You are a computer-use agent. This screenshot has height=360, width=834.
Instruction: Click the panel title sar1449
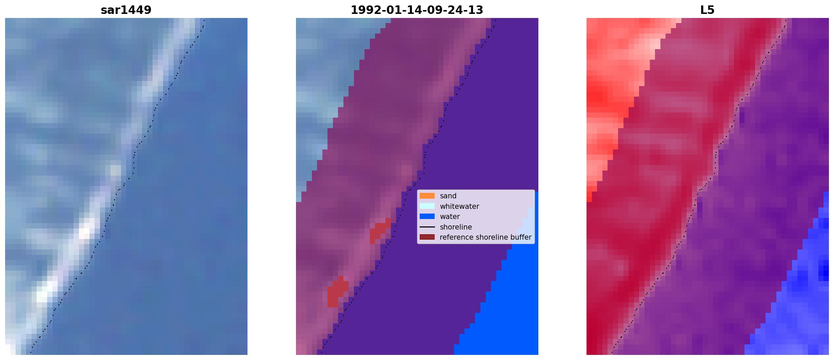(x=126, y=10)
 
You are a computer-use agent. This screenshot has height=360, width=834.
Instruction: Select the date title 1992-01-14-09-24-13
(x=417, y=10)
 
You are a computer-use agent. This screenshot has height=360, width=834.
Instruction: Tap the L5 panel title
(x=707, y=10)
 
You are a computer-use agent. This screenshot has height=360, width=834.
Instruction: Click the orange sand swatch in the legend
(x=427, y=196)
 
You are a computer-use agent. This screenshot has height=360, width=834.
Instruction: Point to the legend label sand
(x=448, y=196)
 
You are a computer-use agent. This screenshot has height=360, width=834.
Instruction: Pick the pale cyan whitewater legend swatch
(x=427, y=206)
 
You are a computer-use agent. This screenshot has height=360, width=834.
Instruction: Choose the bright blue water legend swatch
(x=427, y=216)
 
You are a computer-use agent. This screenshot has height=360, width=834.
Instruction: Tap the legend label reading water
(x=450, y=217)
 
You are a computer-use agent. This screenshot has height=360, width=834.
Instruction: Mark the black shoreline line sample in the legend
(x=427, y=227)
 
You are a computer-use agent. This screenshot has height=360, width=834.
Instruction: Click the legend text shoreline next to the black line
(x=456, y=227)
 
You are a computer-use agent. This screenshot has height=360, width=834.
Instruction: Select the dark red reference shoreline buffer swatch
(x=427, y=237)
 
